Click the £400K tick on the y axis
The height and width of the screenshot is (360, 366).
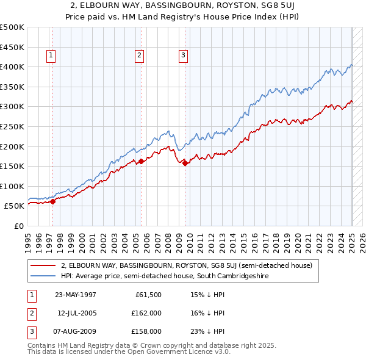(x=13, y=67)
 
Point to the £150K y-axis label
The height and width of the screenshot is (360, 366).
(x=13, y=166)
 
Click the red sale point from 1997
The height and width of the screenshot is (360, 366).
(x=53, y=201)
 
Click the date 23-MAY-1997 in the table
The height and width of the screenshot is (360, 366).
(x=75, y=295)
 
